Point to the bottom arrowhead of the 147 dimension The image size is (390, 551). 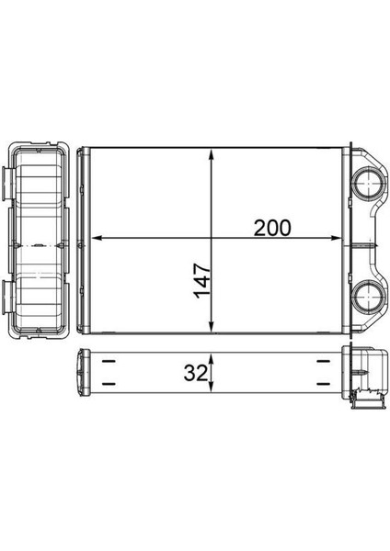[x=213, y=329]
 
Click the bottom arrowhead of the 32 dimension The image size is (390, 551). [x=213, y=389]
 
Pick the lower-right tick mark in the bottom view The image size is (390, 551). [x=322, y=384]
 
